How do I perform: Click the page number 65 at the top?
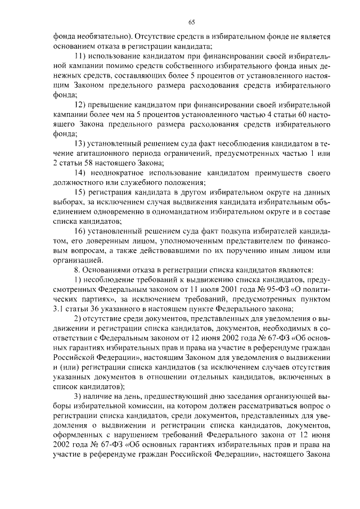pos(191,22)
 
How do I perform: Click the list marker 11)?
pos(82,57)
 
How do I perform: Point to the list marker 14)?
pos(82,172)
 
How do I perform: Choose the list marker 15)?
pos(82,192)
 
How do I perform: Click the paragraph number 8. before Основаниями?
pos(78,270)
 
